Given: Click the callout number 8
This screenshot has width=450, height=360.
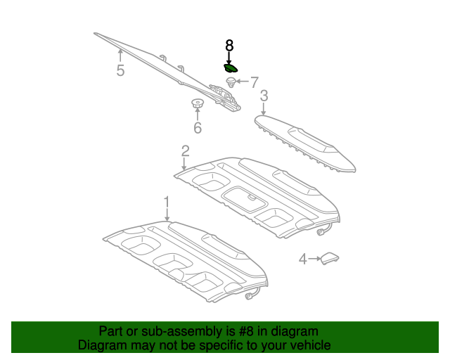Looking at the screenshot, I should pyautogui.click(x=229, y=45).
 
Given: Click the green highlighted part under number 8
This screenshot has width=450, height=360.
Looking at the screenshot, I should pyautogui.click(x=230, y=68).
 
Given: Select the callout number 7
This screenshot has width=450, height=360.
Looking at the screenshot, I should pyautogui.click(x=255, y=82).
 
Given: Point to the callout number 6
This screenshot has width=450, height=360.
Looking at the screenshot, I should pyautogui.click(x=198, y=128).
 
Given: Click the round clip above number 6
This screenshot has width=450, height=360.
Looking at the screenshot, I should pyautogui.click(x=198, y=105).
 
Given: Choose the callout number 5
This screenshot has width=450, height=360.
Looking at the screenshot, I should pyautogui.click(x=120, y=70).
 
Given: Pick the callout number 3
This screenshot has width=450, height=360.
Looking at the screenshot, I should pyautogui.click(x=264, y=96).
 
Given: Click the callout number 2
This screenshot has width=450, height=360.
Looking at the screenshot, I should pyautogui.click(x=185, y=150).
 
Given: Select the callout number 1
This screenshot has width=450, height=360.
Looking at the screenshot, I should pyautogui.click(x=167, y=202).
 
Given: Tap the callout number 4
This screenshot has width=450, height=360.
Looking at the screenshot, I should pyautogui.click(x=303, y=259).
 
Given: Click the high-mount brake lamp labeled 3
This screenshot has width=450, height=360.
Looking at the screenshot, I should pyautogui.click(x=306, y=143).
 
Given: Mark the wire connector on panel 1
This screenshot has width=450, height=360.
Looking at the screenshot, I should pyautogui.click(x=250, y=296).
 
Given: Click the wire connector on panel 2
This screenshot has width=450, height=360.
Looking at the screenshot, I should pyautogui.click(x=322, y=232).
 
